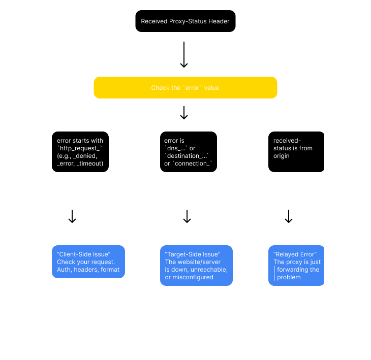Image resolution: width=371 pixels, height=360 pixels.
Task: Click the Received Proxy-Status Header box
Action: (x=185, y=21)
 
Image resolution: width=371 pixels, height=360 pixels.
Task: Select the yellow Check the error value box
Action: (x=185, y=88)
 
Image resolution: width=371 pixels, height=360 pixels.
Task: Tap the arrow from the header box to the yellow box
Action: (x=184, y=55)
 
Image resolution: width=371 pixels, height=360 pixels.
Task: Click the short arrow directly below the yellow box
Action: (x=184, y=113)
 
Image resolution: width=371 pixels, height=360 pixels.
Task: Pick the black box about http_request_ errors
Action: (x=80, y=152)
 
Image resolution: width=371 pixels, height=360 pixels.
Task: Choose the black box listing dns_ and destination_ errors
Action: (x=188, y=152)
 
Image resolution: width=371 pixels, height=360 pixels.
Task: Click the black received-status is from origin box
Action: (x=296, y=152)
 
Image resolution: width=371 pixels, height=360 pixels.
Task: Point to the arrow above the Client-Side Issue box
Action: (x=72, y=216)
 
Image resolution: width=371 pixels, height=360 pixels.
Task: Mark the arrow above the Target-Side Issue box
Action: (x=187, y=216)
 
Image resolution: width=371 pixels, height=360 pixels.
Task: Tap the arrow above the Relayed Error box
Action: (x=289, y=216)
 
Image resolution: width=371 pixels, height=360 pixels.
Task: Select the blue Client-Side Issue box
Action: (x=88, y=262)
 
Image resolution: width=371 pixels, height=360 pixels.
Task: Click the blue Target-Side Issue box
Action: (x=196, y=266)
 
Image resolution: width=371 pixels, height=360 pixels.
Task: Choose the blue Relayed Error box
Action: (x=296, y=266)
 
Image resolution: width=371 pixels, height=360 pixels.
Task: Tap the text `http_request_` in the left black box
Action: (x=80, y=148)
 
